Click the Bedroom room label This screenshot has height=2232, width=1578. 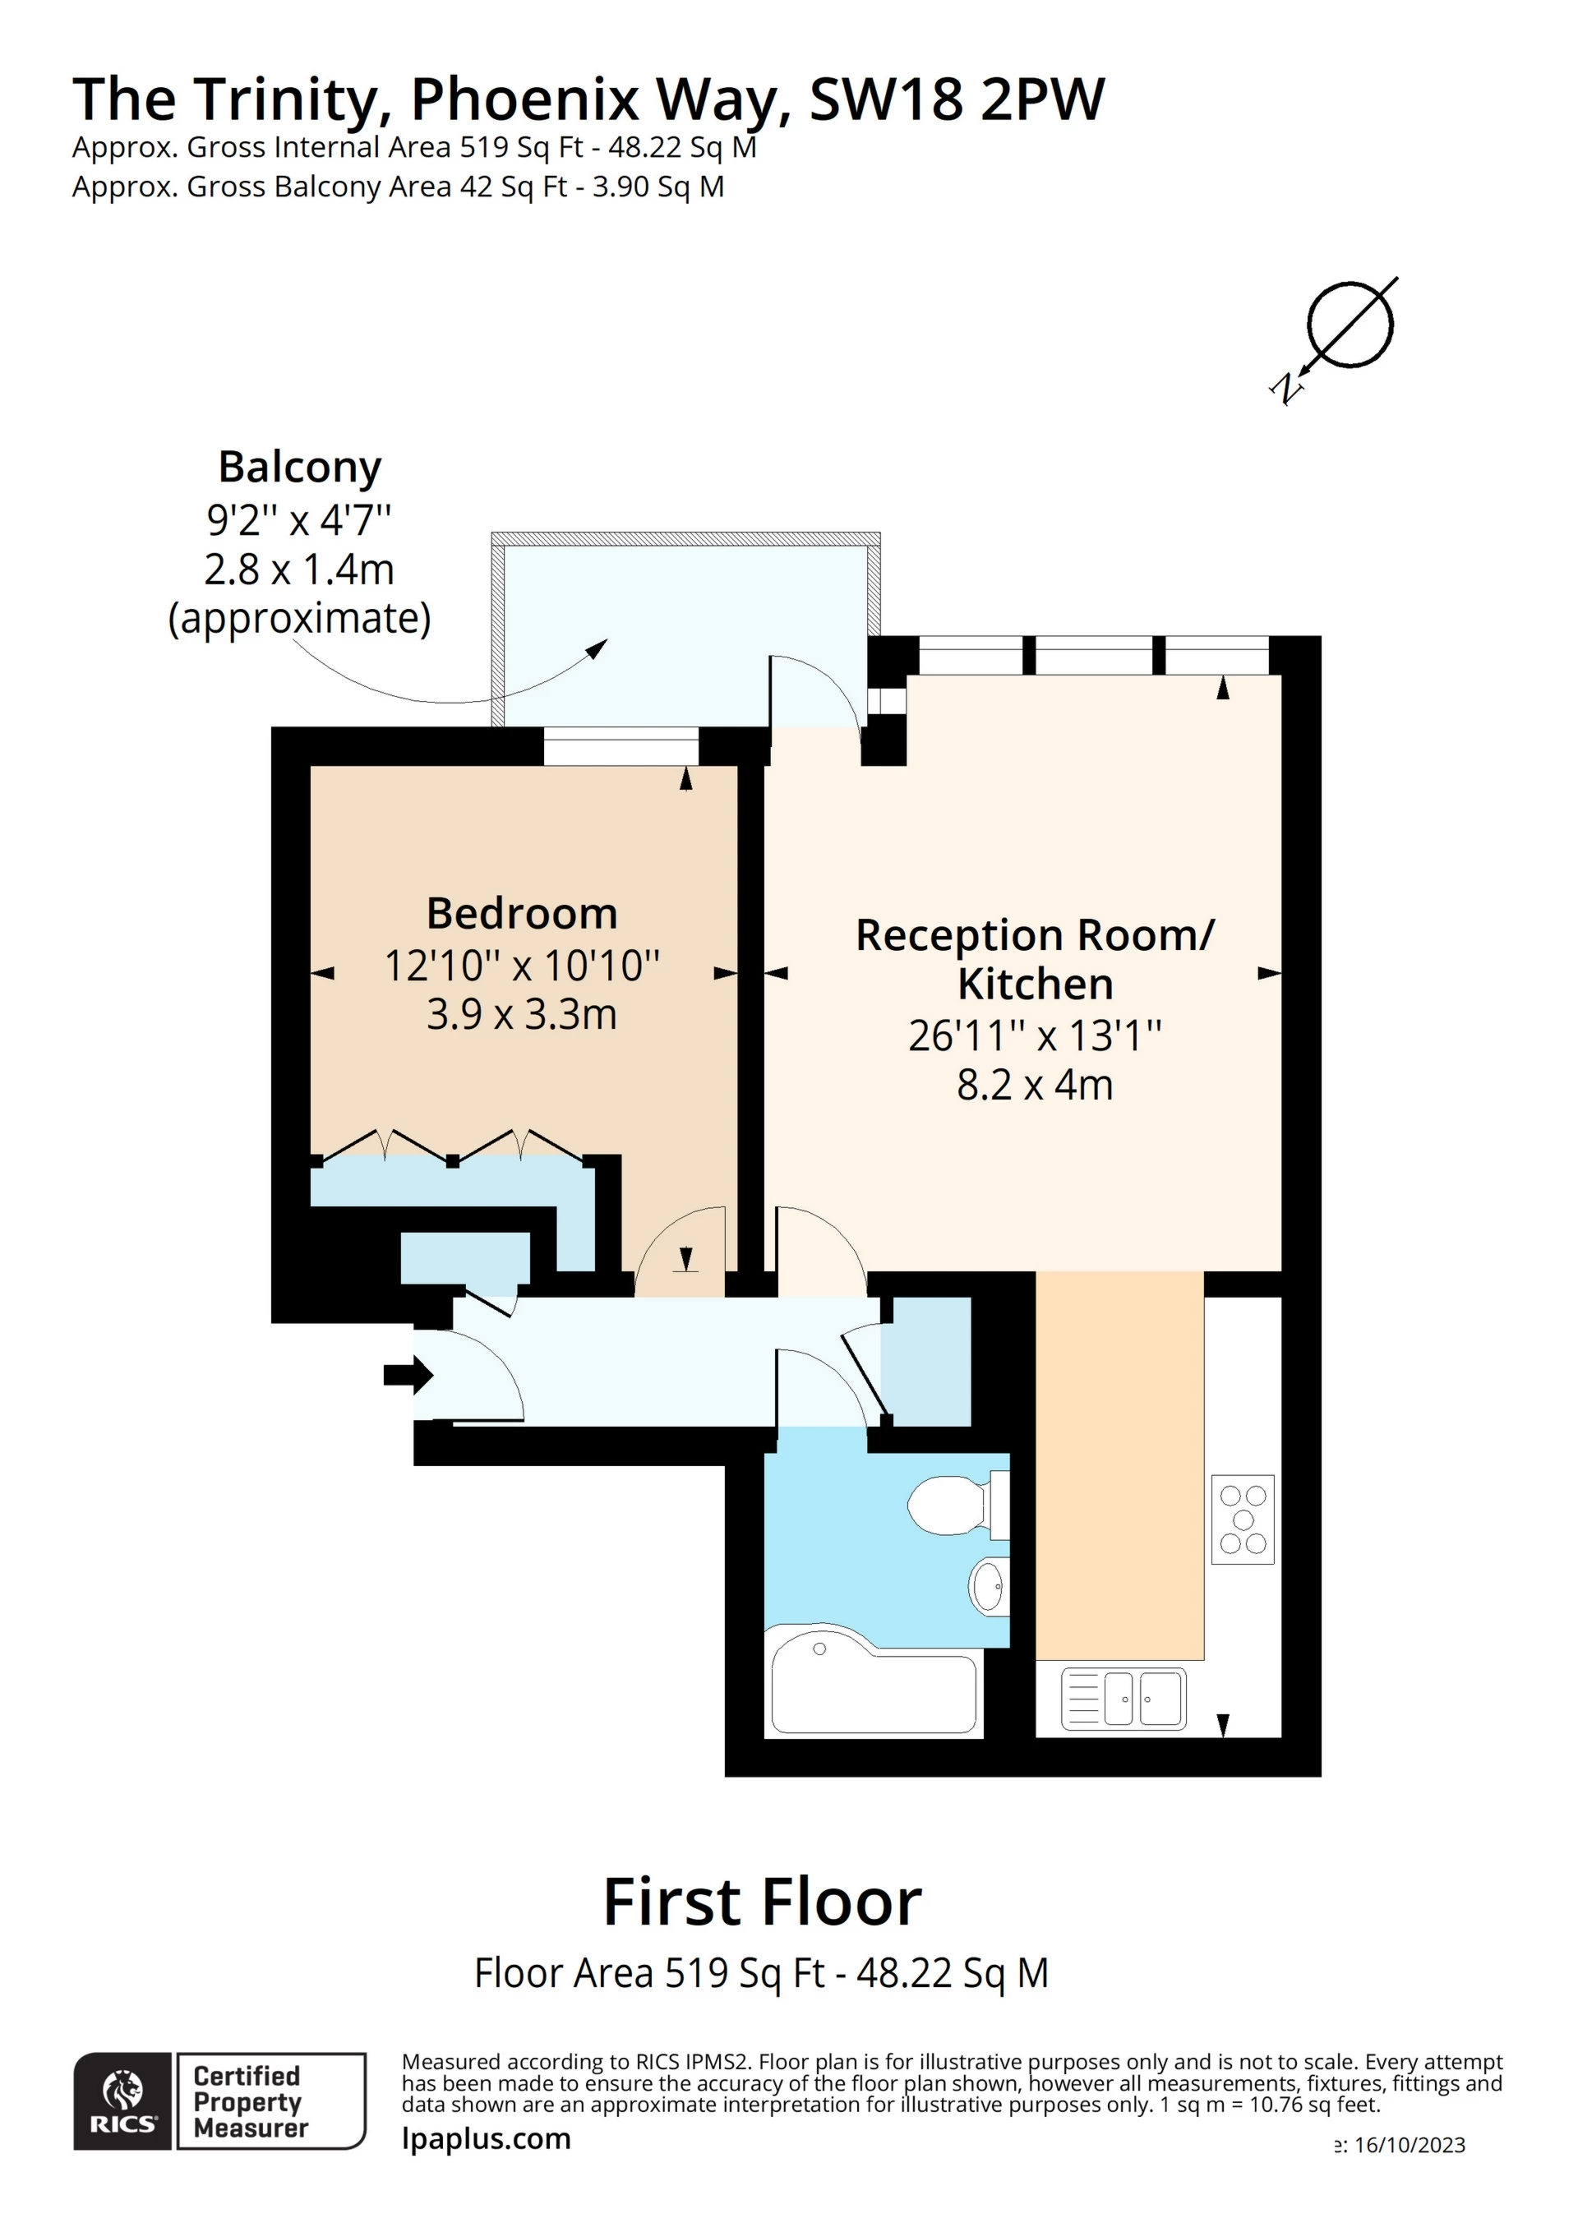(x=522, y=914)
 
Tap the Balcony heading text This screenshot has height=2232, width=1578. (x=299, y=468)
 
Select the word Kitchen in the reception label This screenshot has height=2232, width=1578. (x=1036, y=984)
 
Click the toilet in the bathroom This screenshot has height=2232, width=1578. (x=957, y=1505)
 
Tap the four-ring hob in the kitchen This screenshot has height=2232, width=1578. (x=1243, y=1520)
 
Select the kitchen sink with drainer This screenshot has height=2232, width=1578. (x=1123, y=1699)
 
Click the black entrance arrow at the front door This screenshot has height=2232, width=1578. (x=408, y=1375)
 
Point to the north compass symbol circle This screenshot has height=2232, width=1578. (x=1350, y=325)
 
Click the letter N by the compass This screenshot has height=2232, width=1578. (x=1286, y=389)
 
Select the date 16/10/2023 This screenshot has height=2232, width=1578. (x=1410, y=2146)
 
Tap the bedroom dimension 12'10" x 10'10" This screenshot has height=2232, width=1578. (x=522, y=966)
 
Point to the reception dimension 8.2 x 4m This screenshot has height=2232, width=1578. (x=1035, y=1085)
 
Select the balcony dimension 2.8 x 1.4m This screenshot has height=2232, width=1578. (x=299, y=570)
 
